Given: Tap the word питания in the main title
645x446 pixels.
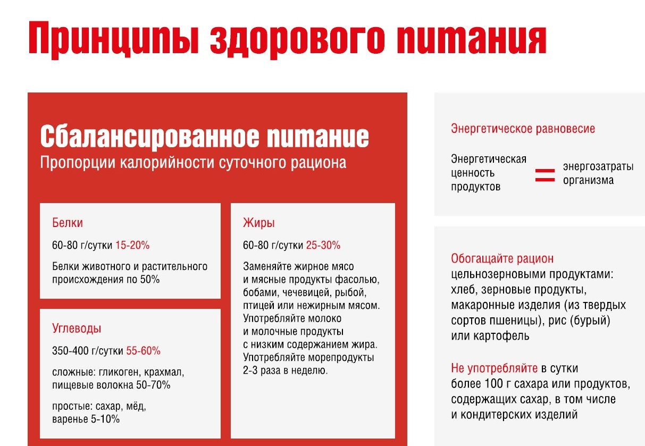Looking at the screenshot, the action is pos(471,39).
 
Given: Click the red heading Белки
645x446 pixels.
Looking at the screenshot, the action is pos(68,223).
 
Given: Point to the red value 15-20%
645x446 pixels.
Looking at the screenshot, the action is pos(132,245).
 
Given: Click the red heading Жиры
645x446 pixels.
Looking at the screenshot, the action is pos(259,223).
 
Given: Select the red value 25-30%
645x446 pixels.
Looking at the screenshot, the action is pos(323,245).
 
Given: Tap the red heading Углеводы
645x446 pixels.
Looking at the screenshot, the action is pos(77,329).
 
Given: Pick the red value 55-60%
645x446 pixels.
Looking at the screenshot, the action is pos(143,351).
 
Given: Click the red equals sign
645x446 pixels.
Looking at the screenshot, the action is pos(545,175).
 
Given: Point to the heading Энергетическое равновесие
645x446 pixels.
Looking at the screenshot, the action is pos(523,129).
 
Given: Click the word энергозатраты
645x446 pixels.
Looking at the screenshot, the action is pos(598,166).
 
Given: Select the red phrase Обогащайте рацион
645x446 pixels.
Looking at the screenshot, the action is pos(502,258).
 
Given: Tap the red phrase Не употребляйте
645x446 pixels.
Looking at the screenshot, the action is pos(494,368).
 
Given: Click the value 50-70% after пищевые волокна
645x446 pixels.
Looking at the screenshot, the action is pos(153,385).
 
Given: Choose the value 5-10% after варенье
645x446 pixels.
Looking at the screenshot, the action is pos(105,419).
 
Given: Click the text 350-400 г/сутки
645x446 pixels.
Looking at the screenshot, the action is pos(88,351).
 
